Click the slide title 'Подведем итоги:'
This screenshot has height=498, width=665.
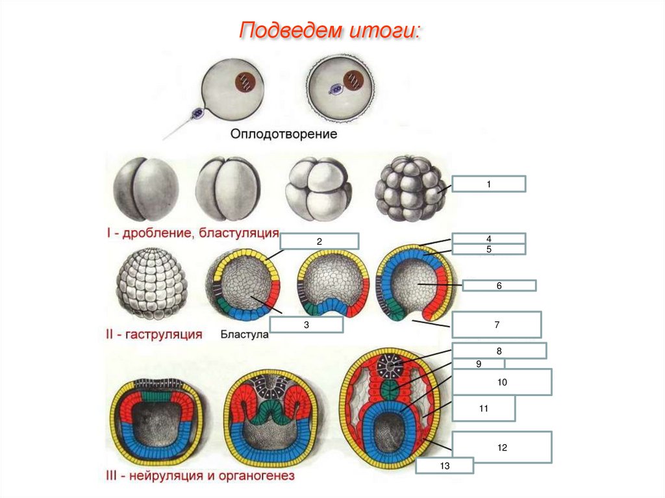(331, 31)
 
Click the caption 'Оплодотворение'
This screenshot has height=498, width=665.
(284, 135)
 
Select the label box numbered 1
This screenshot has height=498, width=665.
(488, 184)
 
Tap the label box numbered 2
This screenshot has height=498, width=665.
(320, 241)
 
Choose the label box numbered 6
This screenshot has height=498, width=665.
(499, 285)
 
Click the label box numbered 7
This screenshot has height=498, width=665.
(496, 324)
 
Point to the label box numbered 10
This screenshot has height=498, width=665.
(502, 382)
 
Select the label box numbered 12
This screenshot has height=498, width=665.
(502, 447)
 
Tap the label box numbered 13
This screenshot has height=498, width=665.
(445, 466)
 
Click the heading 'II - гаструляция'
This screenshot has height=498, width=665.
(154, 335)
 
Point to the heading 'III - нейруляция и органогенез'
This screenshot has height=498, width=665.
(200, 476)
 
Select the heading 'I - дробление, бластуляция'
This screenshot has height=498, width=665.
(192, 232)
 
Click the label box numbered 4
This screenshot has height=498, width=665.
(488, 238)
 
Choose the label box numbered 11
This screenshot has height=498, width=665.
(484, 409)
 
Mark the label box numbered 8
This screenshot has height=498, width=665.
(499, 351)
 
